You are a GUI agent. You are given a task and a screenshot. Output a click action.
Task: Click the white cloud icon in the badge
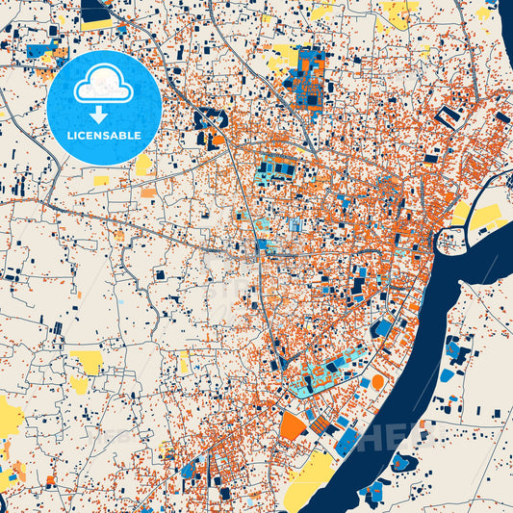(103, 84)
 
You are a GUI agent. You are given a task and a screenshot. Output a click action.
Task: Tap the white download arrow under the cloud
(100, 115)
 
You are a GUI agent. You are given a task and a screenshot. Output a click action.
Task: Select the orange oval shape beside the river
(377, 382)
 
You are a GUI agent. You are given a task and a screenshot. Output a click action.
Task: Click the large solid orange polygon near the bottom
(293, 425)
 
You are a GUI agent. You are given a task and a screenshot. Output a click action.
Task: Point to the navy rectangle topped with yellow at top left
(96, 15)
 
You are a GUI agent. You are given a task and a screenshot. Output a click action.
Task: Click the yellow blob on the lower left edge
(11, 416)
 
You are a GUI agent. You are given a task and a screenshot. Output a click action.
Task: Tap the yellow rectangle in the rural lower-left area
(88, 362)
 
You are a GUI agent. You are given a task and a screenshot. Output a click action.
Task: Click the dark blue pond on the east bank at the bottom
(403, 463)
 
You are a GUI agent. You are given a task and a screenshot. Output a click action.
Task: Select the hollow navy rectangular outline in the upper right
(448, 117)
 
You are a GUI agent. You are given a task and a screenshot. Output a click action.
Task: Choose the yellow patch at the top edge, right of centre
(397, 13)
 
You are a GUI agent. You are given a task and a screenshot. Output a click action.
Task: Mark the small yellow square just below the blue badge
(101, 180)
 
